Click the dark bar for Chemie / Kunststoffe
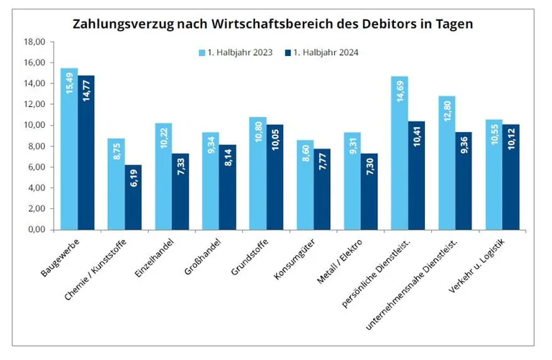133,198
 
